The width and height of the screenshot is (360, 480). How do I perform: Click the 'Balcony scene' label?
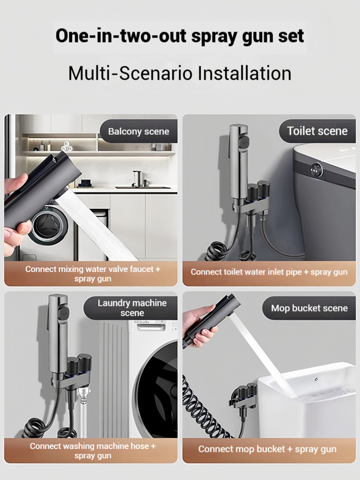coord(139,131)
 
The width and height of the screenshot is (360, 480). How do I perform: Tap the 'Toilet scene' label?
coord(317,131)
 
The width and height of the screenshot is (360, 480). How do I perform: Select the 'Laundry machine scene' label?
coord(132,308)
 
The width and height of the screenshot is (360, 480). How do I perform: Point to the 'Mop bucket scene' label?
coord(309,308)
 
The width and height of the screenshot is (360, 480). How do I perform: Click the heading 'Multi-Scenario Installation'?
coord(180,74)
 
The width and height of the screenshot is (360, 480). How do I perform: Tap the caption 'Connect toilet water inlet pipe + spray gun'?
coord(269,272)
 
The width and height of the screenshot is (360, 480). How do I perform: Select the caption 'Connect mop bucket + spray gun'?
coord(267,449)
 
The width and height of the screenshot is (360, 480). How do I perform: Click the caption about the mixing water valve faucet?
coord(93,274)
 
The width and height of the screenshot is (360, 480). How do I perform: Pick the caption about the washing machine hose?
coord(93,451)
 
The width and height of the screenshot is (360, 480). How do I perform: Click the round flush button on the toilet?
coord(315,169)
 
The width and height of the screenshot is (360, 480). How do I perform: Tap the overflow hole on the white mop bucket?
coord(316,380)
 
